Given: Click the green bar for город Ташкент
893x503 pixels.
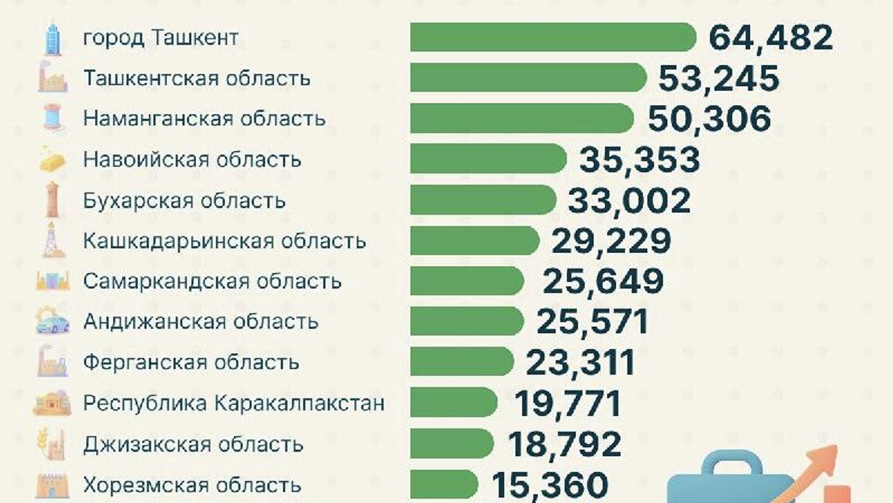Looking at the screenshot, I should coord(553,37).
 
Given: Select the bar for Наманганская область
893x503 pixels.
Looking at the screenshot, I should coord(521,118).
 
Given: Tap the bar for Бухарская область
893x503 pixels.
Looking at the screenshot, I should coord(483,200).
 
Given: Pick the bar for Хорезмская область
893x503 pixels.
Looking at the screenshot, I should coord(444,484).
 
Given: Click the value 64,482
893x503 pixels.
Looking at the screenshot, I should coord(771,37).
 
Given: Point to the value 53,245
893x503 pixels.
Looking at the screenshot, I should coord(719,78).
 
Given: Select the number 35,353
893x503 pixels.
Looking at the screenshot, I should coord(640,159).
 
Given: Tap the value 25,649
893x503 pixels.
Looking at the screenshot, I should coord(603,281).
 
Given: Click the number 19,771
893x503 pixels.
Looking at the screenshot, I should coord(568,403).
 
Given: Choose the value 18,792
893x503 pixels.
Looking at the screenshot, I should coord(564,444).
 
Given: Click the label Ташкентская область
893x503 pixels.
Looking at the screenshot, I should coord(197,78).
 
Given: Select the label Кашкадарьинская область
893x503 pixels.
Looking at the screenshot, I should coord(225,241).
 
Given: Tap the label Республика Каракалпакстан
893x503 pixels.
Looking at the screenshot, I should coord(233,403).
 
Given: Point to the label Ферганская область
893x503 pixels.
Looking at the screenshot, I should coord(191,362).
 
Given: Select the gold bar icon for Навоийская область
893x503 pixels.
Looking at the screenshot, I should coord(52,159).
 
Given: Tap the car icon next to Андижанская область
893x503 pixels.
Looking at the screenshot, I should coord(53,322).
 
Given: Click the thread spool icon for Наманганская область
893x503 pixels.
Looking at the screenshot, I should coord(52,118).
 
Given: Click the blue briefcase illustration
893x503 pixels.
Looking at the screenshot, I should coord(730,479).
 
